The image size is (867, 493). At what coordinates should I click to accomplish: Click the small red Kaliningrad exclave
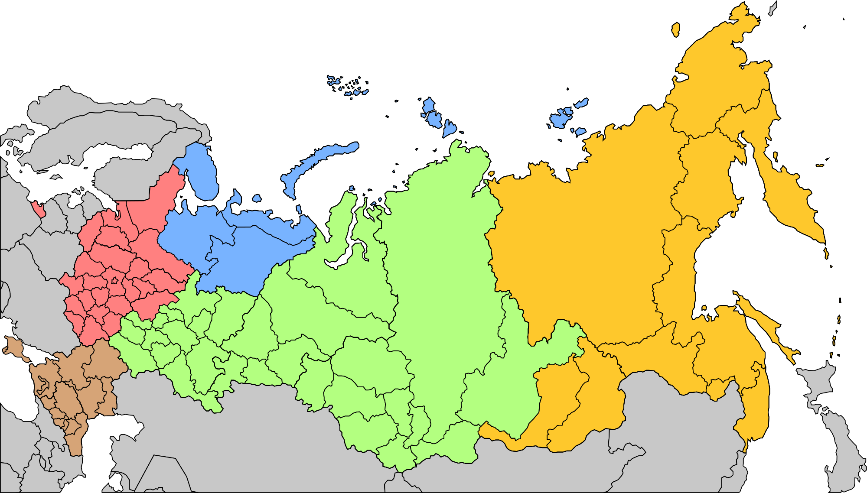point(39,211)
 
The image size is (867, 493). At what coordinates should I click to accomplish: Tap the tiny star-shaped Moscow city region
point(114,281)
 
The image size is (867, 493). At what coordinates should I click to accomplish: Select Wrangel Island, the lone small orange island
point(675,29)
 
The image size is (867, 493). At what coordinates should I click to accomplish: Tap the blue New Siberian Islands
point(564,117)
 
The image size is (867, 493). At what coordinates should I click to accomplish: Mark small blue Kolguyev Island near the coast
point(257,198)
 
